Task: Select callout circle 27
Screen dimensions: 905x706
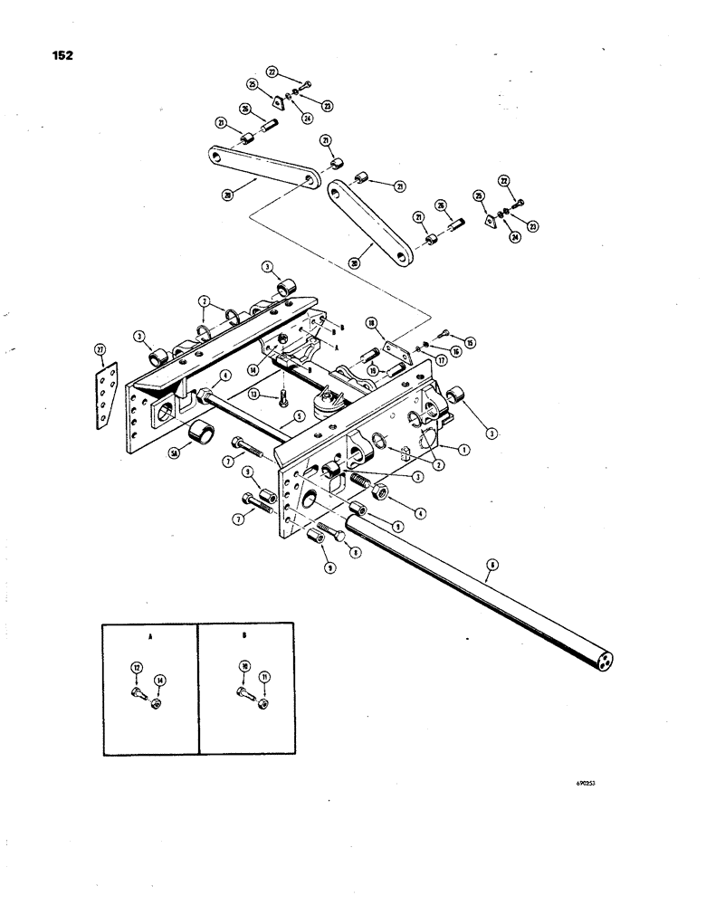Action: [100, 349]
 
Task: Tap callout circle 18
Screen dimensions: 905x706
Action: [370, 323]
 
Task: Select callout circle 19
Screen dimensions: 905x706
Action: [371, 369]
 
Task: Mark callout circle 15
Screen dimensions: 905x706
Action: [470, 341]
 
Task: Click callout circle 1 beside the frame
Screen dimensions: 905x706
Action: [463, 447]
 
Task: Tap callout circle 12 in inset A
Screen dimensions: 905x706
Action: [136, 668]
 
